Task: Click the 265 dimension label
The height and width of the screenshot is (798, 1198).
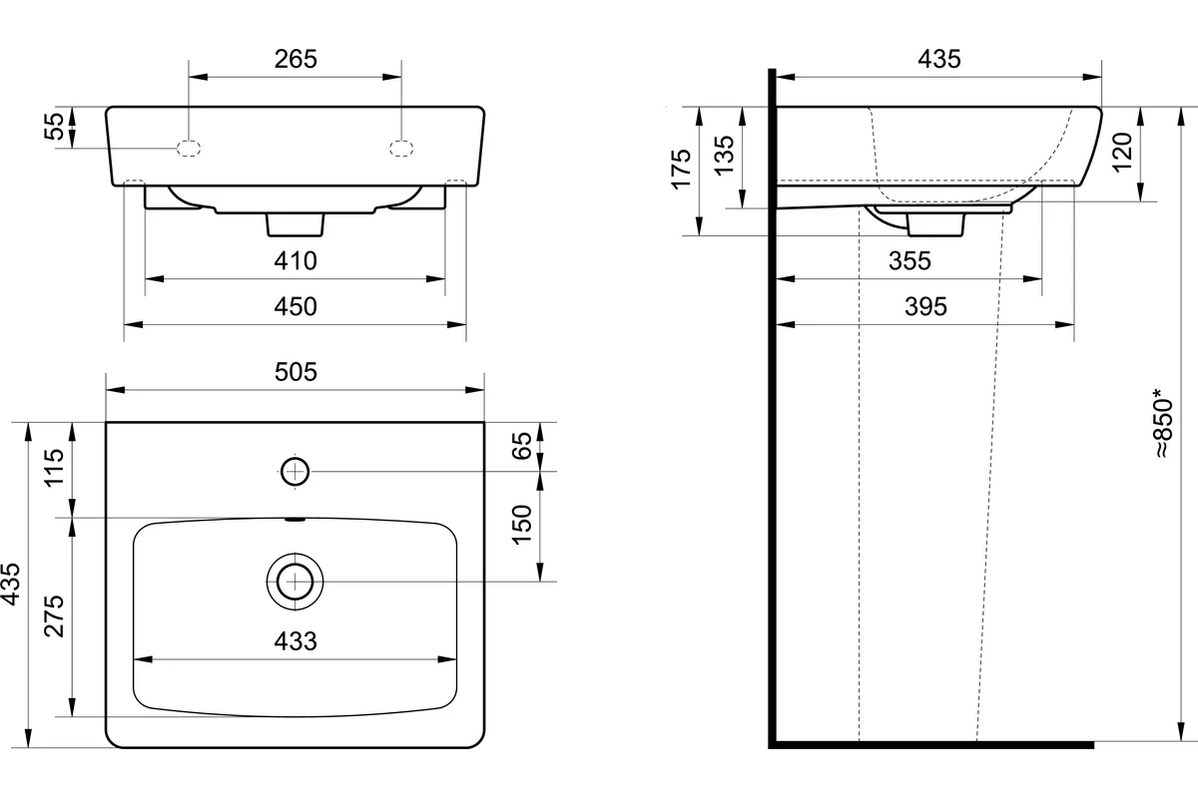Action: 296,59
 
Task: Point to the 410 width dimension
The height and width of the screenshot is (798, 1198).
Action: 296,260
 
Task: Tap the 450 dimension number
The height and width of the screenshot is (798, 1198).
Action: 296,307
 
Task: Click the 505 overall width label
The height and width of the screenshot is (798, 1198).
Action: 296,372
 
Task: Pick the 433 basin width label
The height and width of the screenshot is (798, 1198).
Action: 296,640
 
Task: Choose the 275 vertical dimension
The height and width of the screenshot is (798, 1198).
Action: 54,616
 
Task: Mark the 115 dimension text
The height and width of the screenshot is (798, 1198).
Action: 54,468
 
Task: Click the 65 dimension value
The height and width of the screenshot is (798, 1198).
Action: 522,445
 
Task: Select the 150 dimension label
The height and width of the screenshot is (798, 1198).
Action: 522,525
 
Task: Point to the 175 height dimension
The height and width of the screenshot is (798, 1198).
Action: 681,169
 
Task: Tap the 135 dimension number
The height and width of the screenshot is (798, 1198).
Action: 724,155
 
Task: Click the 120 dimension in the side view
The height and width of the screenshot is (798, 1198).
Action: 1122,152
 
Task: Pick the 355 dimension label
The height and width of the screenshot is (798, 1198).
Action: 909,260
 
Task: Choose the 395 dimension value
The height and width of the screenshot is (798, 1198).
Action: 925,307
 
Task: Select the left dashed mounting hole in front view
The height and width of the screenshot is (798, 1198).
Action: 189,148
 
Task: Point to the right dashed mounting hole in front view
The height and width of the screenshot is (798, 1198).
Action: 401,148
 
